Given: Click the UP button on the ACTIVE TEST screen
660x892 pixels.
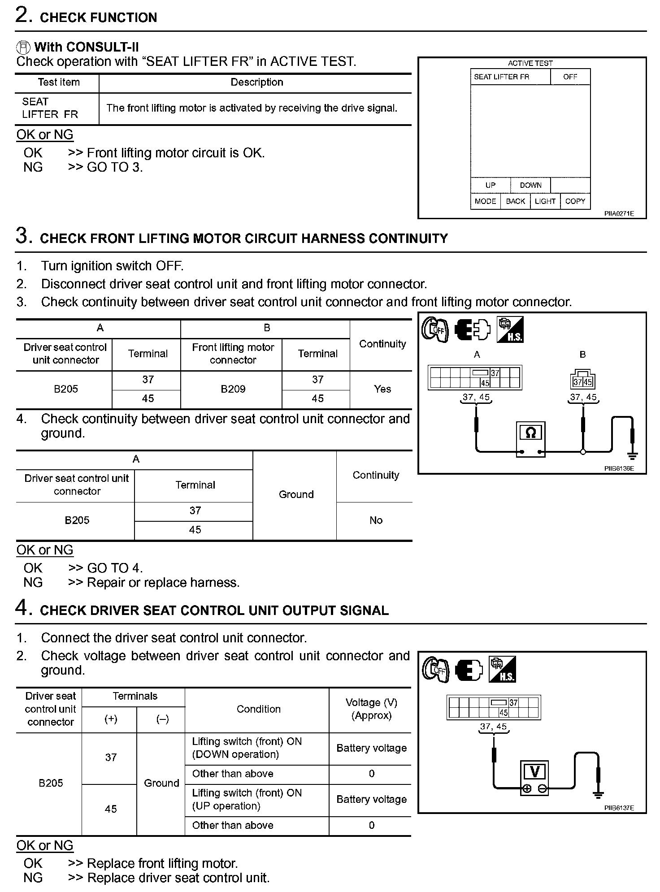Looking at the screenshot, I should tap(490, 185).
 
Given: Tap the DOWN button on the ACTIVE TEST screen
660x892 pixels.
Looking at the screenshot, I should tap(530, 185).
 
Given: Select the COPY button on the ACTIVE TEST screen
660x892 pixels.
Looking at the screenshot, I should tap(575, 201).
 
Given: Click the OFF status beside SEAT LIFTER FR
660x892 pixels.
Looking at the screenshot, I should tap(570, 77).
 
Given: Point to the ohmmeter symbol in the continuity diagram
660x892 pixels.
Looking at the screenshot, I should tap(530, 433).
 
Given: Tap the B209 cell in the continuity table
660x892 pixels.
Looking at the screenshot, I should tap(233, 389).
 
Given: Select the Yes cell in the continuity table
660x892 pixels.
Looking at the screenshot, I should tap(382, 389).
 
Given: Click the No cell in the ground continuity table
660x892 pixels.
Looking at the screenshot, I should tap(376, 520).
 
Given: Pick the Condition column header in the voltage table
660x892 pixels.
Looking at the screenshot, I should tap(258, 709).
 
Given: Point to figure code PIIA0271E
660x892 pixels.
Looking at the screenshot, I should tap(619, 214).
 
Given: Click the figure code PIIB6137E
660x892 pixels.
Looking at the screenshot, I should tap(619, 808).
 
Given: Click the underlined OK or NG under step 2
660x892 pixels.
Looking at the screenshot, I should tap(45, 134).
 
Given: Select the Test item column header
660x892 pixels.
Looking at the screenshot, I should tap(58, 82).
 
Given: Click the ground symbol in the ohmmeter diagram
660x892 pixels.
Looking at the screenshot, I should tap(632, 456).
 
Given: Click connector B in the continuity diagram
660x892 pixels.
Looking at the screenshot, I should tap(582, 380).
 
